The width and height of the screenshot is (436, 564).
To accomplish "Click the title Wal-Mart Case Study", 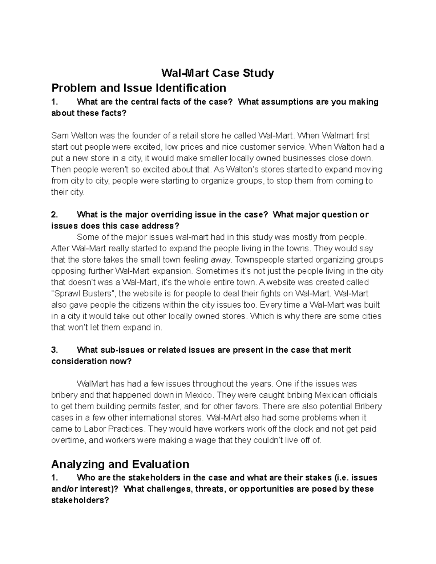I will (217, 73).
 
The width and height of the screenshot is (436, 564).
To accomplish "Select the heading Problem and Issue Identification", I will (139, 88).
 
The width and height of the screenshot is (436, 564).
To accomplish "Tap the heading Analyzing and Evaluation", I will (120, 464).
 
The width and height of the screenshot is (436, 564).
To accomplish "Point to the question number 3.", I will (54, 350).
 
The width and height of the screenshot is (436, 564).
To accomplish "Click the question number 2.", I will (54, 215).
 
